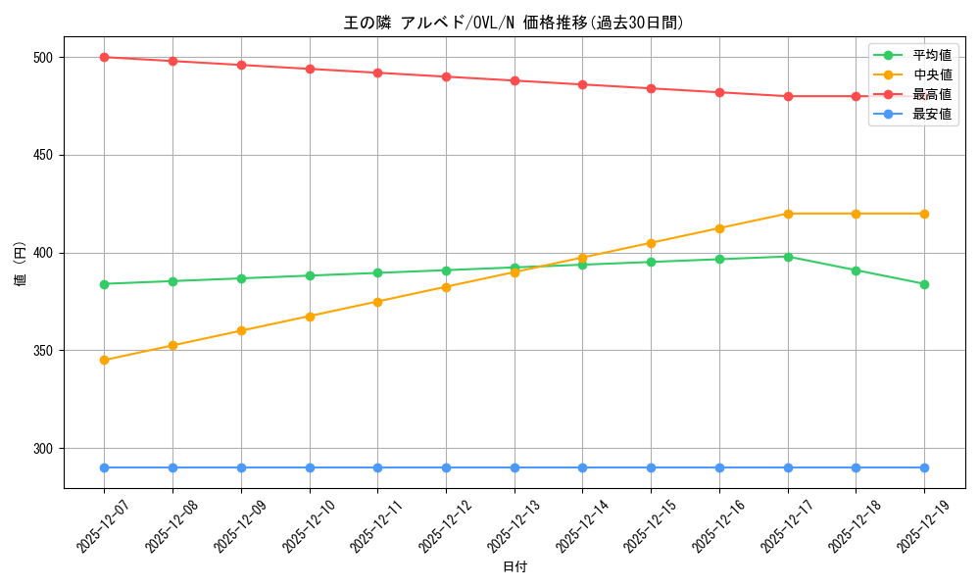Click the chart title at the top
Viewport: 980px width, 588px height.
(514, 23)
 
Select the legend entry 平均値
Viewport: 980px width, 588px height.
(932, 55)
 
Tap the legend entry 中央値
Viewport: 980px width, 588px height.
(932, 74)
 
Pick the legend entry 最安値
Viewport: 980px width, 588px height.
(932, 114)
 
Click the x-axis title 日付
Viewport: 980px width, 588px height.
(514, 567)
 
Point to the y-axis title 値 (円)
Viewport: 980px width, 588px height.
(21, 263)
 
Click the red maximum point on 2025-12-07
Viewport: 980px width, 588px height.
(104, 57)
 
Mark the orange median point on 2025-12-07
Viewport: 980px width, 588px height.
(104, 361)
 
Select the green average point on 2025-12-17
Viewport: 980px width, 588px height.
(788, 257)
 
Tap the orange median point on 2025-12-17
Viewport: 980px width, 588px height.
(788, 214)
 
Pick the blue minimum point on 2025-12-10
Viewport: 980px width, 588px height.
(310, 467)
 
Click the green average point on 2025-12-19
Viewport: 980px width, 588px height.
(924, 284)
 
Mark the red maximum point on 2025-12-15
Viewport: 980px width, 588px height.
(651, 88)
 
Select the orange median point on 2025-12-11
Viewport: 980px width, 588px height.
(377, 302)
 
